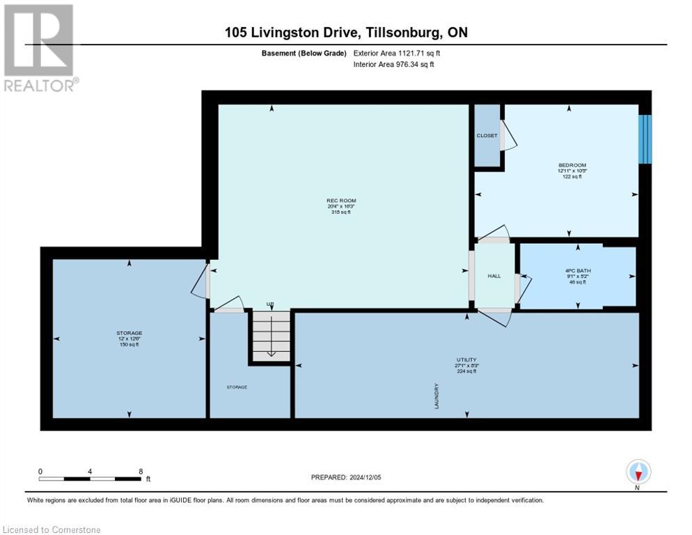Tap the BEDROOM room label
(568, 164)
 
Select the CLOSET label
(487, 136)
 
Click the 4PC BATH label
(577, 270)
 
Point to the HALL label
(494, 277)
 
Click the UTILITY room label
(466, 360)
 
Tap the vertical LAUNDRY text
(437, 395)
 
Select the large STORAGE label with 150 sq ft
(129, 333)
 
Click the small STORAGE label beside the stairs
(236, 387)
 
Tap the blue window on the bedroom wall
(645, 139)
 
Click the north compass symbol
(638, 472)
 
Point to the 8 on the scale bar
(141, 471)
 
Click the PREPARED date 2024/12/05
(347, 477)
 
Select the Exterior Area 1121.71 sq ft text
(397, 53)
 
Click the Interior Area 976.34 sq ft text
(394, 65)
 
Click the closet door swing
(509, 136)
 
